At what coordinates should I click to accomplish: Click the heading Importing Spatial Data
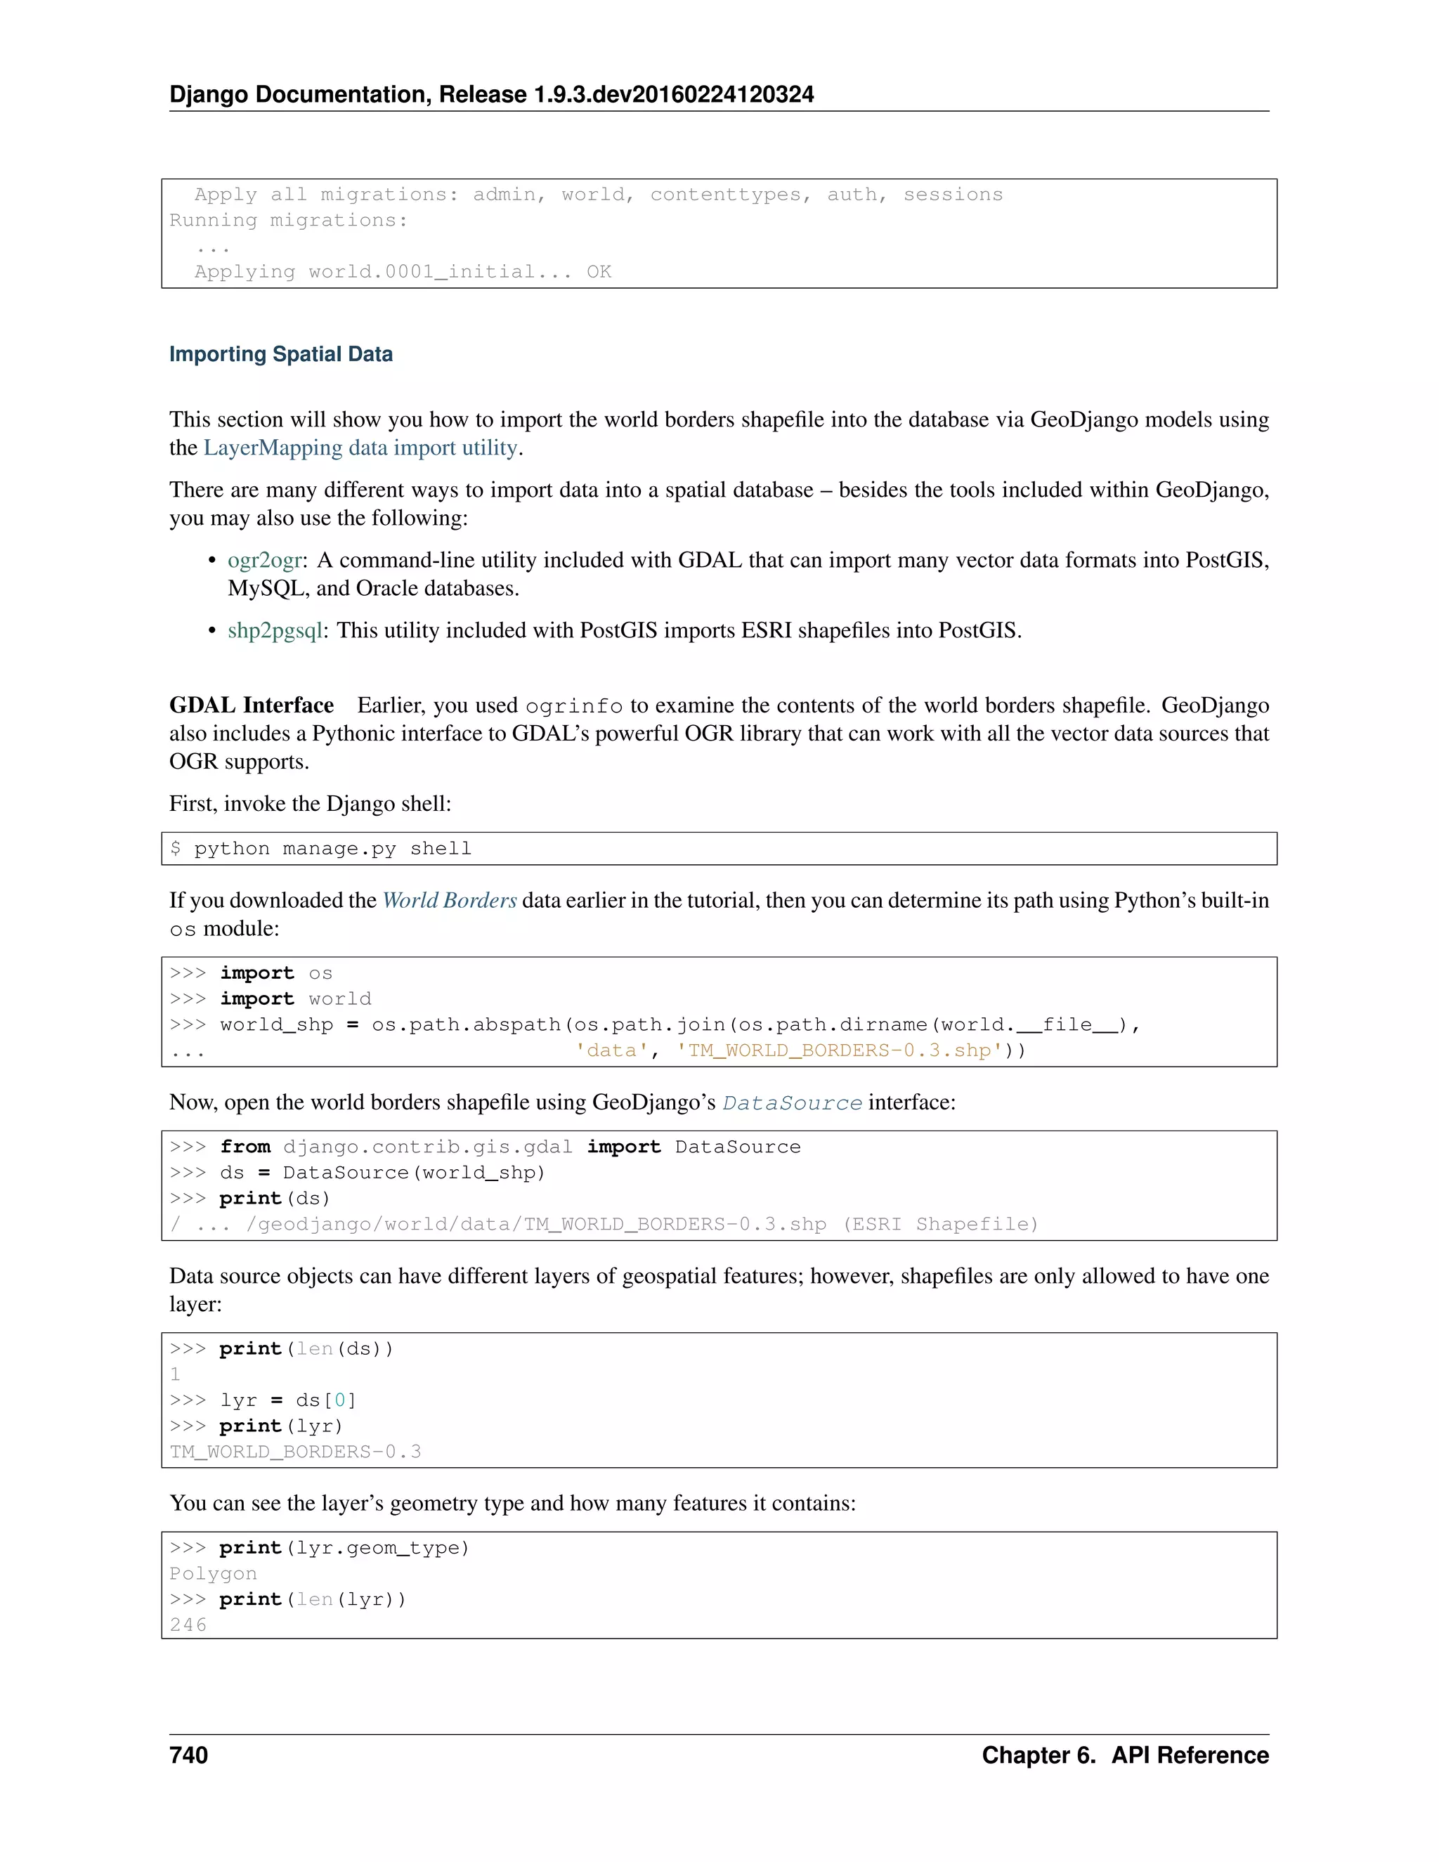[x=280, y=355]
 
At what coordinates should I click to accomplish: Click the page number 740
[x=188, y=1754]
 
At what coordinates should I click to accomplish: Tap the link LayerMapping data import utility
[x=360, y=448]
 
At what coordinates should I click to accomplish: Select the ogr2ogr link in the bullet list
[x=264, y=560]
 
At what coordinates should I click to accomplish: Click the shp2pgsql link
[x=275, y=630]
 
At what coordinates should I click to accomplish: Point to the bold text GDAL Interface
[x=252, y=705]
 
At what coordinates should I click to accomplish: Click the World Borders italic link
[x=449, y=900]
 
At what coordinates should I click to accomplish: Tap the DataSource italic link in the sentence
[x=792, y=1103]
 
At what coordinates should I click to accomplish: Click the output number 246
[x=188, y=1625]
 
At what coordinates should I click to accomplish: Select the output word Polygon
[x=213, y=1574]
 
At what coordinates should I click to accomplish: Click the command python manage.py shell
[x=332, y=848]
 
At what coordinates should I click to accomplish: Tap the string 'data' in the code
[x=611, y=1050]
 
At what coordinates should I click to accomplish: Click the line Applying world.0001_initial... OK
[x=403, y=272]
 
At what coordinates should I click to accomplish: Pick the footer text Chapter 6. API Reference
[x=1124, y=1754]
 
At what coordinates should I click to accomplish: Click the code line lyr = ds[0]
[x=287, y=1400]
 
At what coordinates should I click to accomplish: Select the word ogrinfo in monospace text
[x=574, y=707]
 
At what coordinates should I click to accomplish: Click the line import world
[x=295, y=998]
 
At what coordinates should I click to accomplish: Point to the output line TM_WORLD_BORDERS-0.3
[x=295, y=1451]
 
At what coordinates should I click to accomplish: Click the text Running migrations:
[x=288, y=221]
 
